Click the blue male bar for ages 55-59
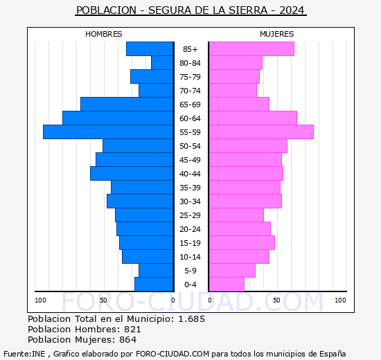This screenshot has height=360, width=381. click(x=107, y=132)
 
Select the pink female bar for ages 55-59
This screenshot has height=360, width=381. click(x=260, y=132)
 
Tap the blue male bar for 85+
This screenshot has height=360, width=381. click(x=149, y=49)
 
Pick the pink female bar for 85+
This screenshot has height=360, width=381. click(x=251, y=49)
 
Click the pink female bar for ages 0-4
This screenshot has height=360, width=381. click(x=226, y=285)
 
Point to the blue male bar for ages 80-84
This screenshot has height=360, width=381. click(x=161, y=63)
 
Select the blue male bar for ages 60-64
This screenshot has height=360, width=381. click(x=117, y=118)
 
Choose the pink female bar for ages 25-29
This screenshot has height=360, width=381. click(x=236, y=215)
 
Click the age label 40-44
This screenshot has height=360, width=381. click(x=190, y=174)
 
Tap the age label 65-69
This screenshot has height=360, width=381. click(x=190, y=105)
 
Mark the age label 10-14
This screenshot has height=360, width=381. click(x=190, y=257)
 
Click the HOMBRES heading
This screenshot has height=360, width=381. click(x=103, y=34)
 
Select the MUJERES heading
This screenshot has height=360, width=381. click(x=276, y=34)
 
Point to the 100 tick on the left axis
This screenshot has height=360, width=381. click(x=40, y=300)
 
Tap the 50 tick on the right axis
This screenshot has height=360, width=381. click(x=276, y=300)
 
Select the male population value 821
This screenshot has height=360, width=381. click(x=133, y=330)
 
